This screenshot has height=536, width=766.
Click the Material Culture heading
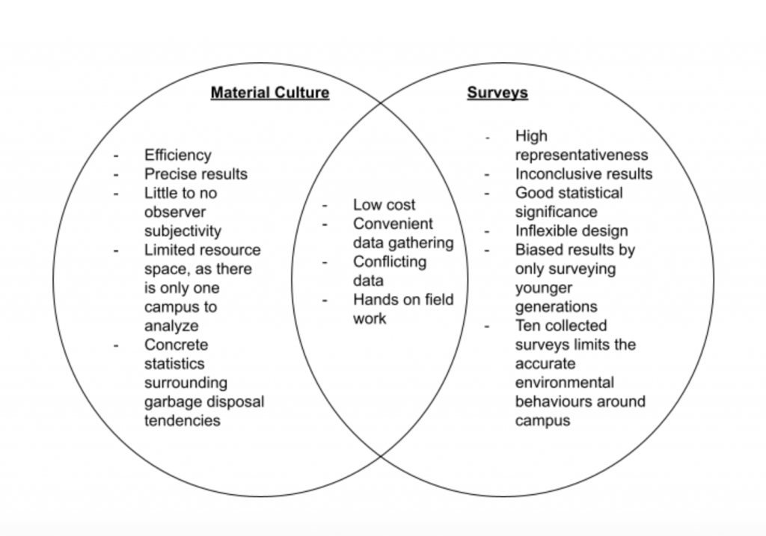click(269, 93)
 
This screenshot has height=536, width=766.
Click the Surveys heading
click(497, 93)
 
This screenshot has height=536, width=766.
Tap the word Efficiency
click(178, 155)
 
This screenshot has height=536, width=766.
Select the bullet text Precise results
click(196, 174)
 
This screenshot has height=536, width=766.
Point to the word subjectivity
click(183, 231)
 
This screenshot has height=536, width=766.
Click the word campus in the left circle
click(171, 307)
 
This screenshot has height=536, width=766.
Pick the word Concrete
click(177, 345)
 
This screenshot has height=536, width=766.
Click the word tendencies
click(183, 421)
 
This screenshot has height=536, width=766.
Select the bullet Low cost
click(384, 205)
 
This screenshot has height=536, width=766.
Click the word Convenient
click(393, 224)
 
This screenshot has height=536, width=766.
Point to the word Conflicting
click(390, 262)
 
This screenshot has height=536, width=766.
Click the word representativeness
click(581, 155)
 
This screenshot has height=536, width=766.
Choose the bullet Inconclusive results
click(583, 174)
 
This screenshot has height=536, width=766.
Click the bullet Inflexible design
click(572, 231)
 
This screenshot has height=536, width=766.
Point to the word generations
click(556, 307)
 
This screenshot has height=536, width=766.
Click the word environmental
click(564, 383)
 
